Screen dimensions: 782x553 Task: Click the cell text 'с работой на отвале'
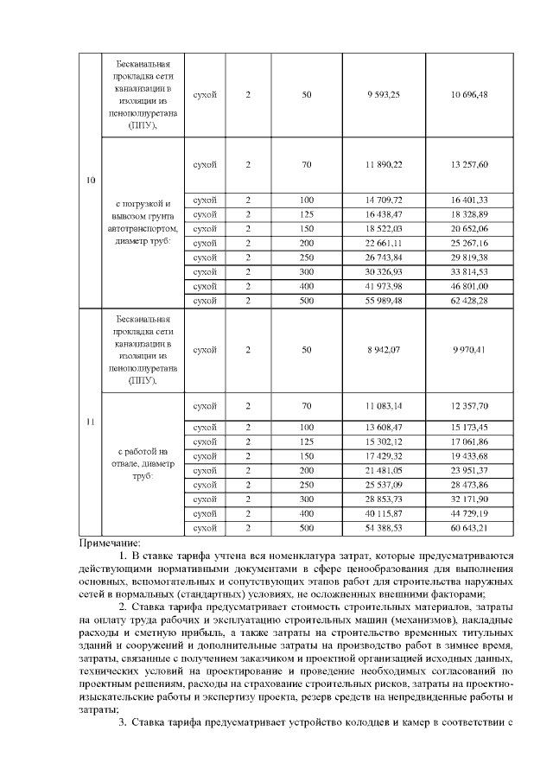(x=143, y=457)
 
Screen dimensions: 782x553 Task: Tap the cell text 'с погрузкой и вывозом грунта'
(x=143, y=215)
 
